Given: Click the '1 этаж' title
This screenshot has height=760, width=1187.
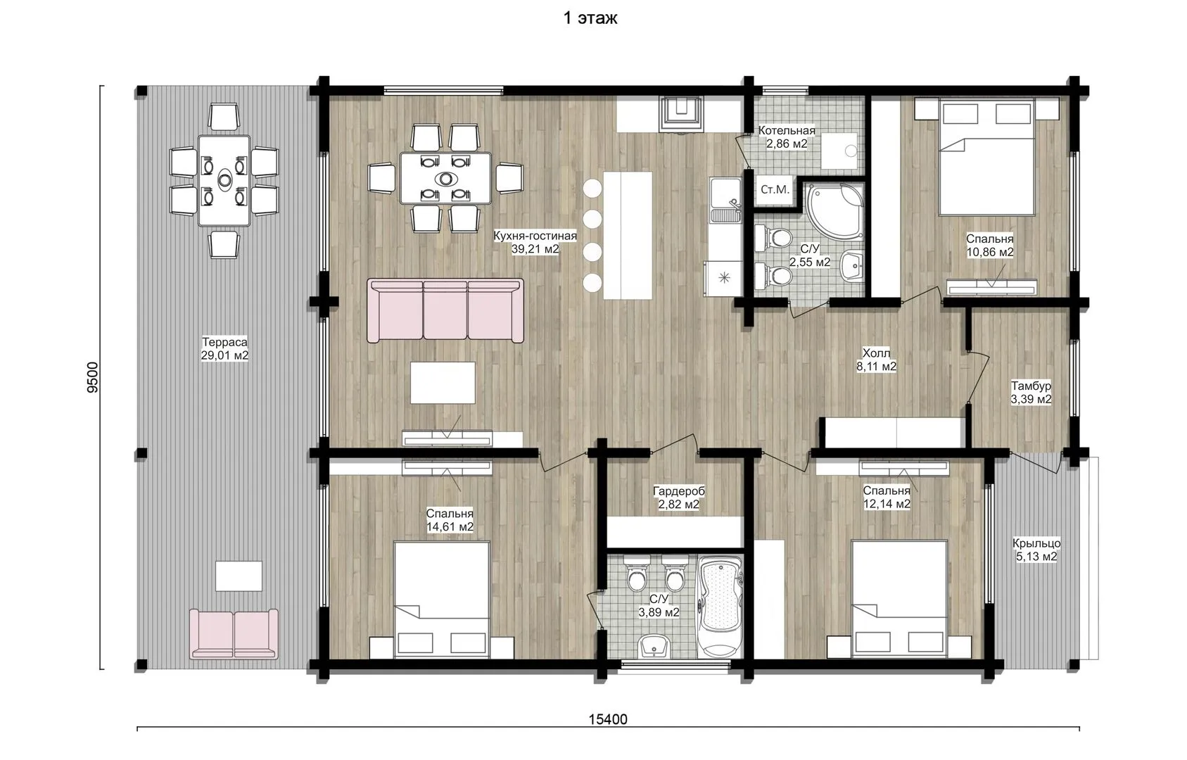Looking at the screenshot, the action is (590, 18).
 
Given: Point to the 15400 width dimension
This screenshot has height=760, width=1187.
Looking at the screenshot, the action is (608, 719).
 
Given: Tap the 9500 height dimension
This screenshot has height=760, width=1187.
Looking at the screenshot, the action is (93, 377).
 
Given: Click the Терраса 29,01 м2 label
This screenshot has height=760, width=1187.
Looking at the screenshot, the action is (224, 349).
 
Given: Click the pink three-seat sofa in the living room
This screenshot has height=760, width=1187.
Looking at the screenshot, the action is (445, 310).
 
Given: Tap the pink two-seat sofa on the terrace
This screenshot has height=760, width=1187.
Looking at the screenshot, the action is (234, 634).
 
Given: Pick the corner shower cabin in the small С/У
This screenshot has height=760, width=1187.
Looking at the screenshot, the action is (834, 210).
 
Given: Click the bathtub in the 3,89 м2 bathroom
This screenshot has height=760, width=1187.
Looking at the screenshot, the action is (720, 607).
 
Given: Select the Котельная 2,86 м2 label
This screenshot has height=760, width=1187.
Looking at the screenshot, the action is (787, 137).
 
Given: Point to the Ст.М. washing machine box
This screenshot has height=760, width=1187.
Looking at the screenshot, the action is (775, 189).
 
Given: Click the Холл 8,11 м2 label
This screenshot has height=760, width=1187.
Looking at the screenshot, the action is (877, 360).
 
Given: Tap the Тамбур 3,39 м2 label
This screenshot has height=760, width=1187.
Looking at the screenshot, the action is (1031, 393).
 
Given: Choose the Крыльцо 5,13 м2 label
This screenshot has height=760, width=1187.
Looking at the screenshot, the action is (1036, 550).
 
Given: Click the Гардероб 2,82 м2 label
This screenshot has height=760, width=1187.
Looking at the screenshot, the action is (679, 498).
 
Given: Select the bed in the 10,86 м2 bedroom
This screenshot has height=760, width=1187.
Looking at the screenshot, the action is (986, 157).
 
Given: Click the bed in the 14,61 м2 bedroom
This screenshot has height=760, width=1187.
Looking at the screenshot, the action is (441, 600).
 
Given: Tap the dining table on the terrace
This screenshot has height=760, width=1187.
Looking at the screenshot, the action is (224, 181).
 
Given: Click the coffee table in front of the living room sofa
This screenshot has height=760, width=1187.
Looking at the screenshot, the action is (443, 383).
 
